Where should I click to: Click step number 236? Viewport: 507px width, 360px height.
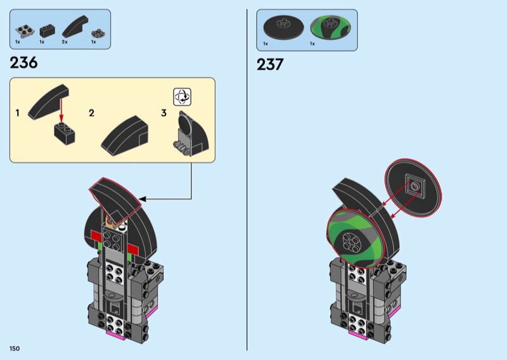coord(24,63)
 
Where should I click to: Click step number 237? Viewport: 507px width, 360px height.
coord(270,64)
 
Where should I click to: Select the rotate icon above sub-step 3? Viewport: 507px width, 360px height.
coord(183,96)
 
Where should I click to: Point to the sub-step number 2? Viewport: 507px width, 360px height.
coord(92,113)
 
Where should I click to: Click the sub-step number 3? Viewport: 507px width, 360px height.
coord(164,113)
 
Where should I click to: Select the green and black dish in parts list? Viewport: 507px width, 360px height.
coord(329,27)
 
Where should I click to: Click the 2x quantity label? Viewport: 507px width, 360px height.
coord(65,42)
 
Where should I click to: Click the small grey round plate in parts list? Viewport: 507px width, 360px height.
coord(98,31)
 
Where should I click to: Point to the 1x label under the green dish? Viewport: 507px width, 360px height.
coord(312,44)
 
